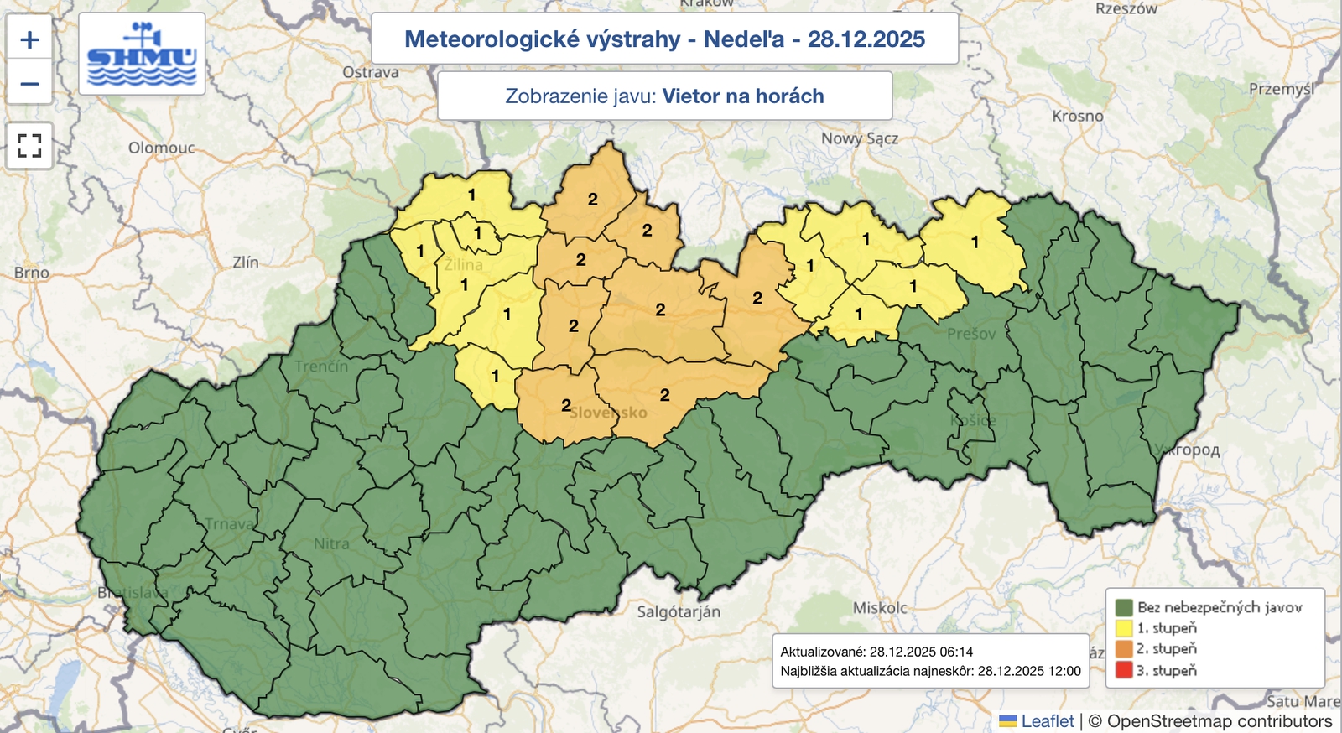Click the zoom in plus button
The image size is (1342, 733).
tap(29, 39)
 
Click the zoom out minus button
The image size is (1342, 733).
tap(29, 84)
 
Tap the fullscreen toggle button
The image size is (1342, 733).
tap(29, 146)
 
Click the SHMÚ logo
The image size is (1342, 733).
tap(142, 55)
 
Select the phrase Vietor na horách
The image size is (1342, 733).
tap(743, 96)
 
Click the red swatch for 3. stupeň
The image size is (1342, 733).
tap(1124, 670)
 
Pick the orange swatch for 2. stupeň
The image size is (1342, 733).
tap(1124, 649)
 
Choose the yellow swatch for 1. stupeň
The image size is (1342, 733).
tap(1124, 628)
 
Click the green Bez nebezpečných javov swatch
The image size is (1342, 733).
tap(1124, 607)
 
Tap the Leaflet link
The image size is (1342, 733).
tap(1047, 721)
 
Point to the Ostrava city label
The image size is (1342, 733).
tap(371, 72)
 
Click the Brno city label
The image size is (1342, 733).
tap(32, 273)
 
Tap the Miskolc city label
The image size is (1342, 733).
tap(880, 607)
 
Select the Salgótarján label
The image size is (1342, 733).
tap(679, 611)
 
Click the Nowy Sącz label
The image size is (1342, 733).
tap(859, 138)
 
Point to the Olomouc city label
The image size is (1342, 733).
tap(161, 148)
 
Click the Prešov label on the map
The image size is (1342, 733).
tap(971, 334)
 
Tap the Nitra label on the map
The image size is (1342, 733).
tap(331, 543)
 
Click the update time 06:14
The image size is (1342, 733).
tap(956, 652)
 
